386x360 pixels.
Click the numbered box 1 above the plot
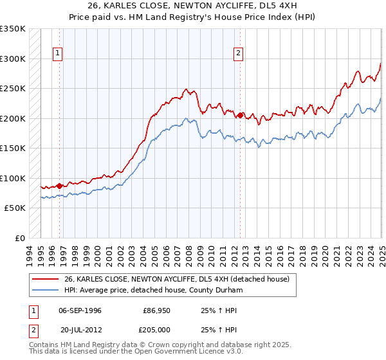coord(58,54)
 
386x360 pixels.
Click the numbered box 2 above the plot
coord(238,54)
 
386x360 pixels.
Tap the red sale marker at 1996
coord(60,186)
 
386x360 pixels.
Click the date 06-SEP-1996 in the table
coord(80,310)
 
